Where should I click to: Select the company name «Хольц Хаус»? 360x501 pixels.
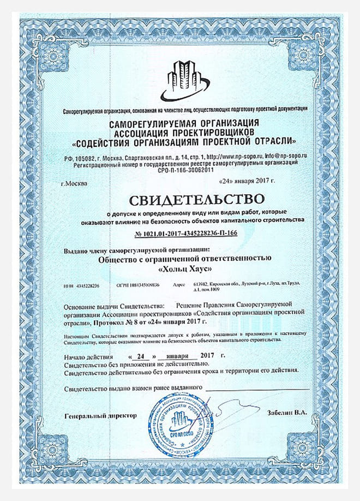(x=185, y=269)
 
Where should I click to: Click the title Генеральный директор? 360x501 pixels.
(x=99, y=416)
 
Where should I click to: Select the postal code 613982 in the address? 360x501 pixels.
(x=202, y=284)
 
